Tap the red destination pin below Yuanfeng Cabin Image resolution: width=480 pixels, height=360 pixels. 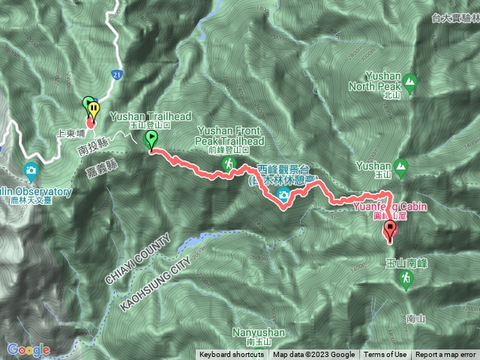click(x=389, y=230)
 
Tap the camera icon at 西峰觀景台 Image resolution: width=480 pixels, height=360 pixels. click(x=284, y=196)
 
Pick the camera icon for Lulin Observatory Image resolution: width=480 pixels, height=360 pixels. click(x=31, y=169)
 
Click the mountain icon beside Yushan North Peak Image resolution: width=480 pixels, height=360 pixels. click(x=409, y=81)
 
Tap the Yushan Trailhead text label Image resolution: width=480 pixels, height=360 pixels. click(x=150, y=116)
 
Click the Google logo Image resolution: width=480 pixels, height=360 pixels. click(x=28, y=349)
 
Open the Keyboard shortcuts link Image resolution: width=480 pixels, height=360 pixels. click(x=231, y=355)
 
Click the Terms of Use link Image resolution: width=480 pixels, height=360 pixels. click(x=385, y=355)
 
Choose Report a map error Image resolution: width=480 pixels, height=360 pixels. click(x=445, y=355)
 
